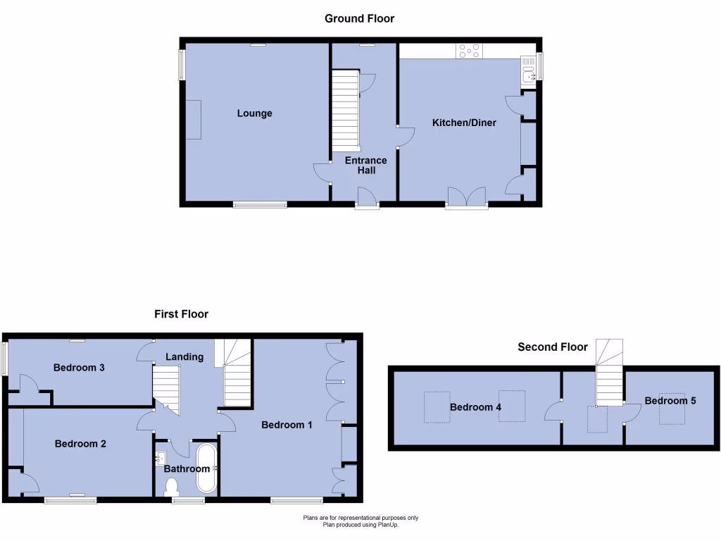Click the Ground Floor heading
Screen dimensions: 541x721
click(x=359, y=18)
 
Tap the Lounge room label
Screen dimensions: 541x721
click(x=254, y=113)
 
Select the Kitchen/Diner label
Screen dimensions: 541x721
click(x=464, y=123)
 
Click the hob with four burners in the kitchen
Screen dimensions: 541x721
click(x=469, y=51)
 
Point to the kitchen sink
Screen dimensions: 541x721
click(x=527, y=70)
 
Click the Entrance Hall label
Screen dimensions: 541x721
click(x=365, y=165)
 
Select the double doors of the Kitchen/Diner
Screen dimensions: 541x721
click(x=466, y=197)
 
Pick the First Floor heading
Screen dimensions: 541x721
click(x=182, y=314)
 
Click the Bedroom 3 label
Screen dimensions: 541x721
click(x=80, y=367)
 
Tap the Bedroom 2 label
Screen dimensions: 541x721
click(x=80, y=444)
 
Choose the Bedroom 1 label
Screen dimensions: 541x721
click(x=287, y=425)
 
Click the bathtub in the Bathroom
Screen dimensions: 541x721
click(x=207, y=468)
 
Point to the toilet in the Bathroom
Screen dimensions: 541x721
click(x=170, y=487)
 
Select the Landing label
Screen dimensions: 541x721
click(x=184, y=356)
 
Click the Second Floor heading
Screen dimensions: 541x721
click(x=553, y=347)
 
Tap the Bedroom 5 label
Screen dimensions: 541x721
click(x=670, y=401)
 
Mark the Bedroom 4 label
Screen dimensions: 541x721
click(x=476, y=407)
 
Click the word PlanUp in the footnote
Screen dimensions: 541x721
click(x=397, y=524)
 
